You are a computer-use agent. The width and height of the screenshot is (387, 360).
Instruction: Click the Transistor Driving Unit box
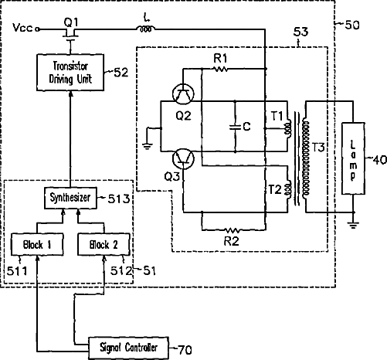coord(70,73)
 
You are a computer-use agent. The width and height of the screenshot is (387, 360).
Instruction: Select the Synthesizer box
coord(70,198)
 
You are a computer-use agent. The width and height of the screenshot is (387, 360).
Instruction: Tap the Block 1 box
coord(37,244)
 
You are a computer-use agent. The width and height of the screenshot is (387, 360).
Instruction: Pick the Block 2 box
coord(104,244)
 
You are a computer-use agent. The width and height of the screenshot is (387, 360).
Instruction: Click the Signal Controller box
coord(128,348)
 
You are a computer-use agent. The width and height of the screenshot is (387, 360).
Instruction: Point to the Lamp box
coord(353,158)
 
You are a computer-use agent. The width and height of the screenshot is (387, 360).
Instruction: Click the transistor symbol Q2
coord(183,94)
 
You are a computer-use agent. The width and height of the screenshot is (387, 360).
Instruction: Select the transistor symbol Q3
coord(183,159)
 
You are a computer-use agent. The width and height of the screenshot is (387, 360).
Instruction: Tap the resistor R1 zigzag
coord(220,69)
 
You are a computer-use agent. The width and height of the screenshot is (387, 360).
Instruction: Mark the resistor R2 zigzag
coord(232,230)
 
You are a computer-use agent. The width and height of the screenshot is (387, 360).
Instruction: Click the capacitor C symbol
coord(235,127)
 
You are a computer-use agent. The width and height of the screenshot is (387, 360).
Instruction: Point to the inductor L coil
coord(146,29)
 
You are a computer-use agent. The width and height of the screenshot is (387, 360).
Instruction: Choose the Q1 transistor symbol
coord(70,34)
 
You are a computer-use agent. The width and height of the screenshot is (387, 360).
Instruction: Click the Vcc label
coord(23,28)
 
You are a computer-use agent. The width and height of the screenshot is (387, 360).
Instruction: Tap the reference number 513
coord(118,199)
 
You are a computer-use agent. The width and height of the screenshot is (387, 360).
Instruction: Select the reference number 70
coord(185,350)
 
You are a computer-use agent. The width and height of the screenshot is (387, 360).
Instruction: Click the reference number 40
coord(379,160)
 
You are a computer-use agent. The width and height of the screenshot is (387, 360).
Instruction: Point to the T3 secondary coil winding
coord(306,158)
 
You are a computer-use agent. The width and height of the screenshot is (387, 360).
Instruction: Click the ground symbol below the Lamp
coord(353,226)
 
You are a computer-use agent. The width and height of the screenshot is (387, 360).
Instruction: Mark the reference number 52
coord(121,73)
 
